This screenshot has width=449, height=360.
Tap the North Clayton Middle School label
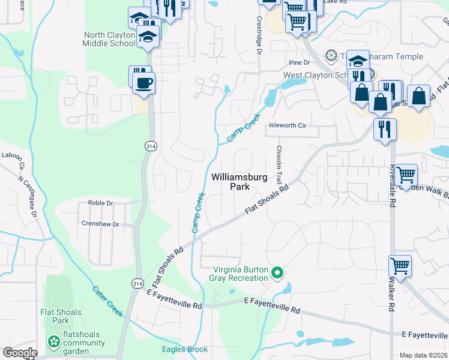pos(110,39)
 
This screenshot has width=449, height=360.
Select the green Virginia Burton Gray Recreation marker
pos(277,274)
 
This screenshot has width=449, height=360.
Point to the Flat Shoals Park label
pos(61,316)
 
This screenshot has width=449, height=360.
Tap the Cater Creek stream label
pos(107,298)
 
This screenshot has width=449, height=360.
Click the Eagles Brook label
pos(185,349)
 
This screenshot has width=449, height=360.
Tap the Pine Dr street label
pos(298,62)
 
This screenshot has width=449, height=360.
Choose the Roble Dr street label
pos(100,203)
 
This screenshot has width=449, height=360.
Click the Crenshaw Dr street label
pos(100,224)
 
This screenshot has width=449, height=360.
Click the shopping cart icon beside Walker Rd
pos(400,266)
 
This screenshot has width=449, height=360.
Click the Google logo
pos(20,353)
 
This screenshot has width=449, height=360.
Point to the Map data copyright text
pos(423,355)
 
